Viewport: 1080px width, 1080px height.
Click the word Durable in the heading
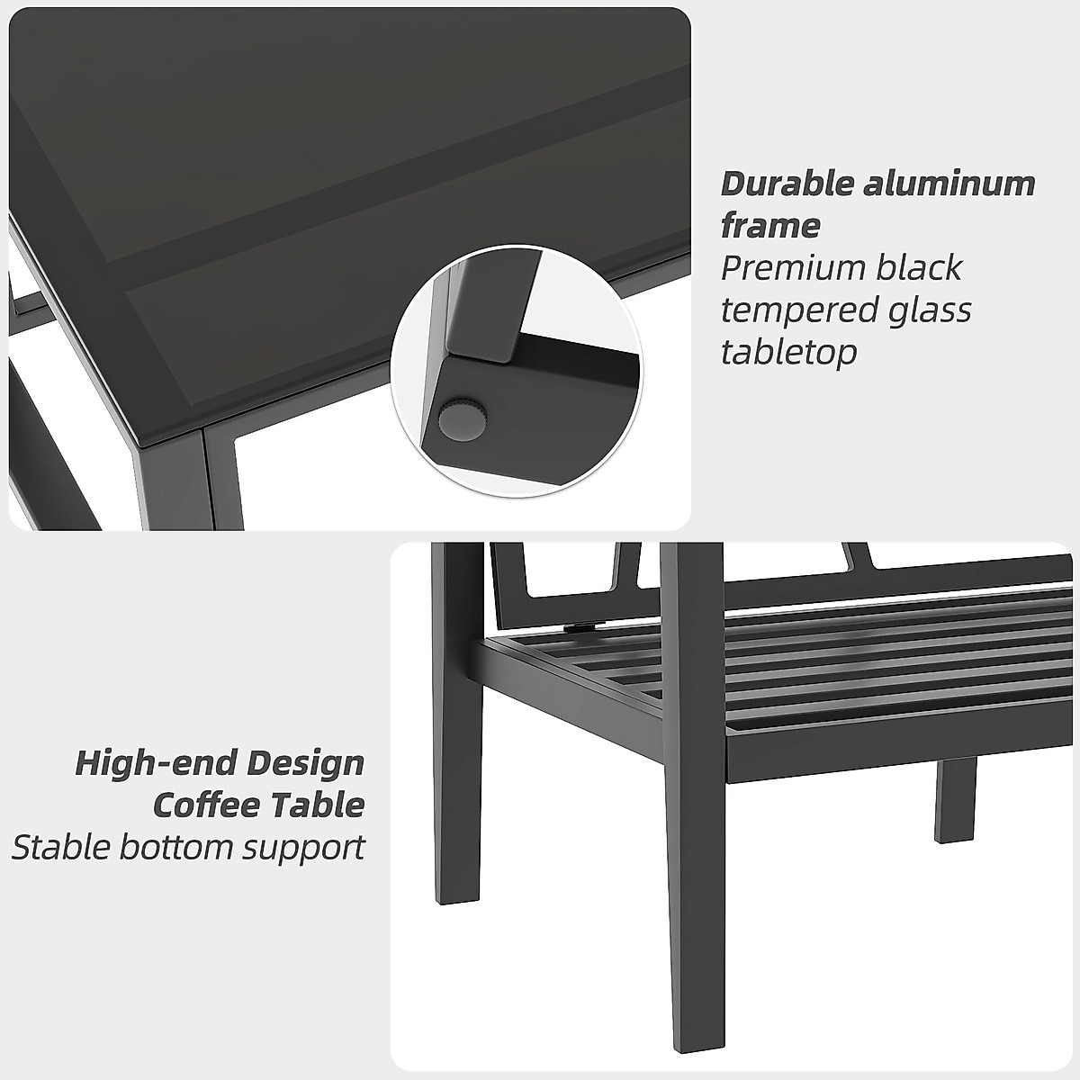(x=786, y=184)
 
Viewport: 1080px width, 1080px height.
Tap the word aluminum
(x=949, y=184)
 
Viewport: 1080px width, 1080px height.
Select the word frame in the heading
(x=770, y=225)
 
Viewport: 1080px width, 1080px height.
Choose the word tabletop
(x=788, y=352)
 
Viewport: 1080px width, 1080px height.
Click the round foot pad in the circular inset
(x=462, y=418)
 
